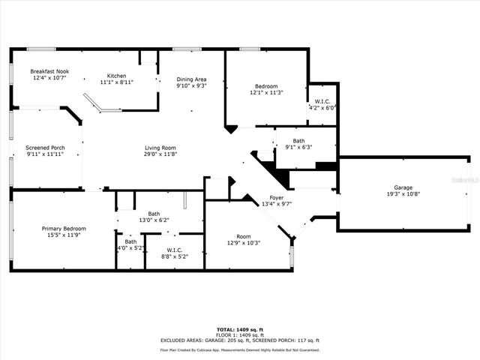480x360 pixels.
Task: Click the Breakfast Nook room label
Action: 50,71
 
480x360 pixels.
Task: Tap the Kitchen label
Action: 116,76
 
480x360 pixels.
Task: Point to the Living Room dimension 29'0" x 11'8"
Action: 160,155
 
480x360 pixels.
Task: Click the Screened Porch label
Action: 45,148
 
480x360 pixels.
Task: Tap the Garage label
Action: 403,187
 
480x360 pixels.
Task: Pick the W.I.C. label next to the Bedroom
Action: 322,101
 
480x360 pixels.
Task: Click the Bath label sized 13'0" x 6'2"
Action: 154,214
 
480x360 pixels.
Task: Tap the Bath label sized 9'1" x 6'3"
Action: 298,140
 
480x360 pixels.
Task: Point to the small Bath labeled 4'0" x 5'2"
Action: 130,241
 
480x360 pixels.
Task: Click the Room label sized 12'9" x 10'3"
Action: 243,236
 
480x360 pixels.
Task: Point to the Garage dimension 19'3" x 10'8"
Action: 403,194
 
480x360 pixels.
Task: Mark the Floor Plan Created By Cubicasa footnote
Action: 239,349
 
